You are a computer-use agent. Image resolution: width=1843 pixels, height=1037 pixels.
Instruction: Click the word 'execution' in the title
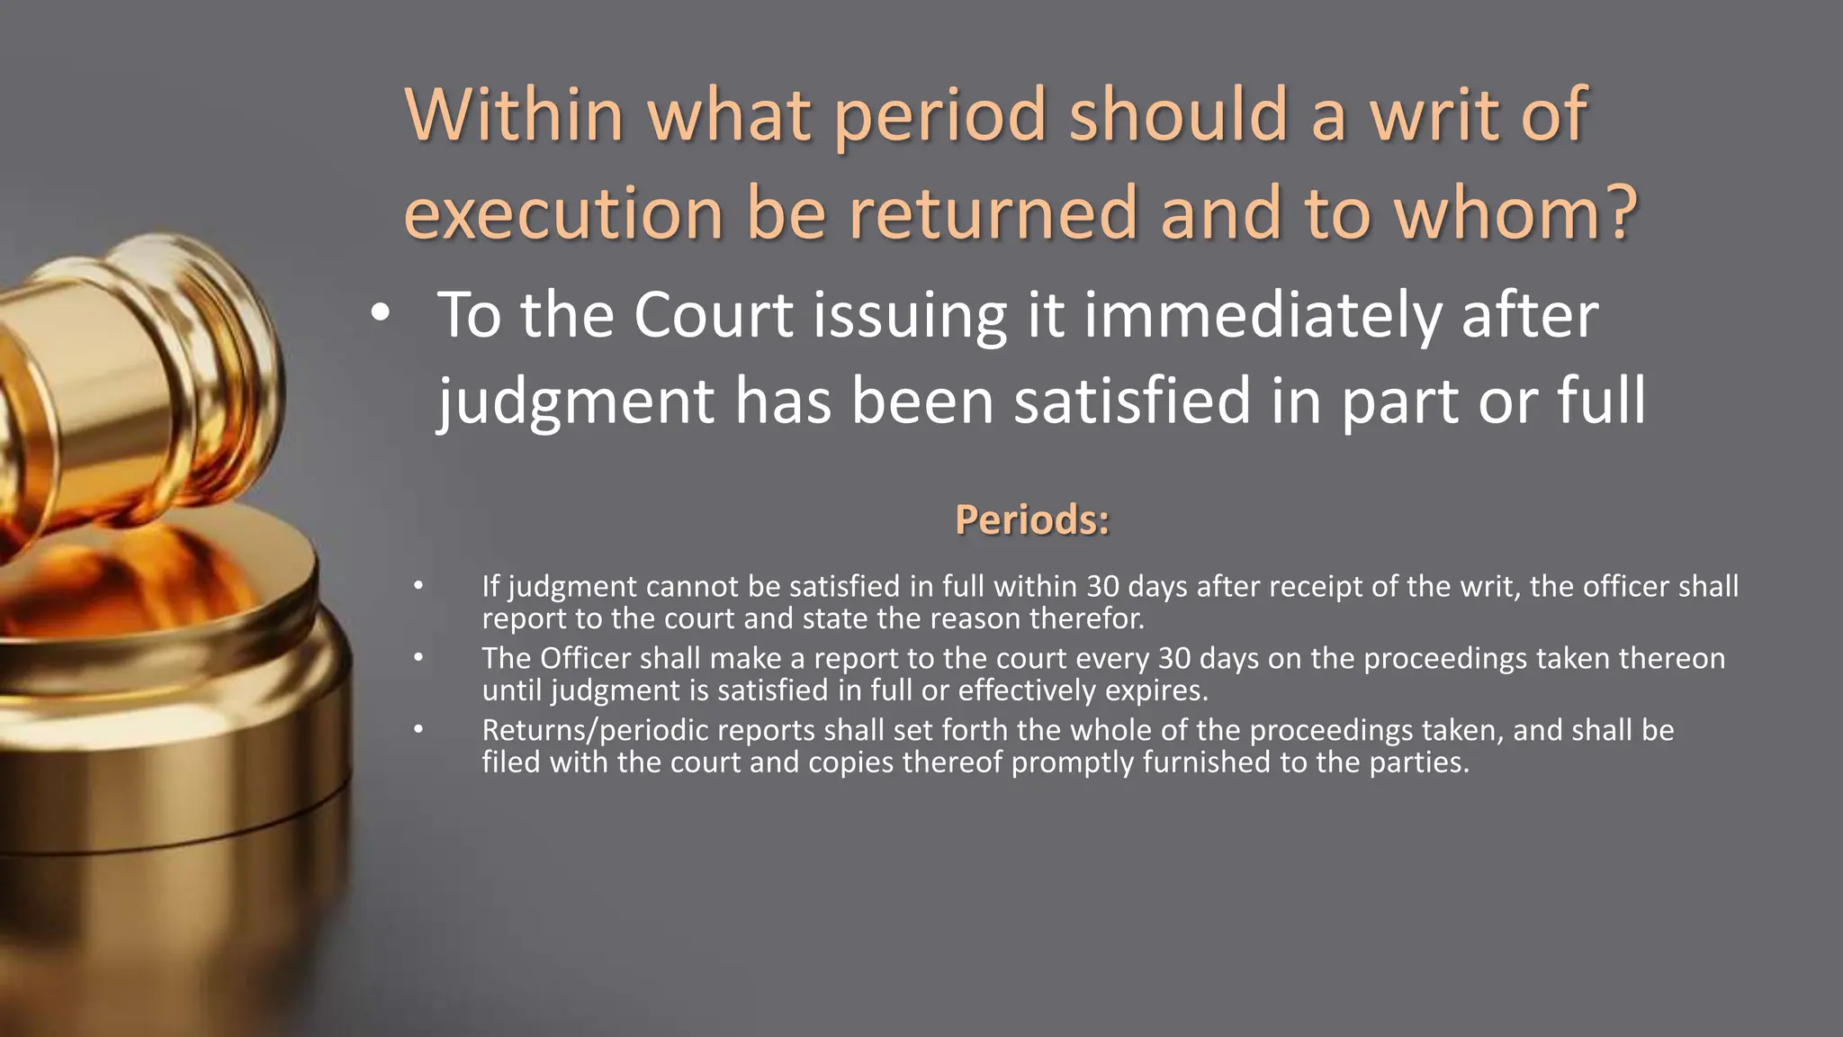[x=563, y=214]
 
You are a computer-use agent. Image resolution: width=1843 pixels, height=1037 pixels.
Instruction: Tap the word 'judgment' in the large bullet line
[x=575, y=401]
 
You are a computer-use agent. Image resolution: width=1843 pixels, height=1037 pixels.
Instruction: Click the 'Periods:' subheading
[x=1032, y=519]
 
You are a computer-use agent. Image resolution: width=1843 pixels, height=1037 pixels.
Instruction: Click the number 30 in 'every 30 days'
[x=1174, y=659]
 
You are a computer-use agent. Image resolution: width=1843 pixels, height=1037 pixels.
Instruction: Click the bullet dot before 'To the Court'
[x=380, y=314]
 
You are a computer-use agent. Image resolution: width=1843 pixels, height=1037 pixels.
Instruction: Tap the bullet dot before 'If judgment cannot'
[x=418, y=587]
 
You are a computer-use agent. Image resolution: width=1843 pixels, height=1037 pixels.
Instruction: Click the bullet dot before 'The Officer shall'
[x=418, y=659]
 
